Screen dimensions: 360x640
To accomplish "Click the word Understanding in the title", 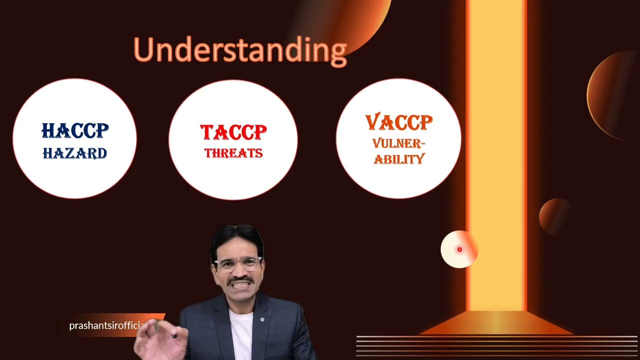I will pos(240,50).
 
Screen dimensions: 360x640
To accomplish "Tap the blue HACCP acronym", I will pos(75,131).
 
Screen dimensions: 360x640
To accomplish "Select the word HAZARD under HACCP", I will pos(75,153).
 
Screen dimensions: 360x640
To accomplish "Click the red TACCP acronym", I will pos(233,132).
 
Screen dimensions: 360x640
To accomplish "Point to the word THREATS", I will pos(233,153).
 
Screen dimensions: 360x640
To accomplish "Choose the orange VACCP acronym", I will pos(398,122).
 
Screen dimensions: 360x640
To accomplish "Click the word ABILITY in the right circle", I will pos(398,159).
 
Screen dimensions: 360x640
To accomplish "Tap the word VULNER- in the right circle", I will pos(398,144).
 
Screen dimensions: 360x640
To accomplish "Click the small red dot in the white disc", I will pos(459,249).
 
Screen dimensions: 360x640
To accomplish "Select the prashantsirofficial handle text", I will pos(106,326).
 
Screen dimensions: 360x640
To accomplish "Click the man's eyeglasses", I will pos(238,263).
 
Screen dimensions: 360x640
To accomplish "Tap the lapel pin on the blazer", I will pos(262,318).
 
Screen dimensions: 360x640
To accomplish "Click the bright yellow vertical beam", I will pos(496,150).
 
